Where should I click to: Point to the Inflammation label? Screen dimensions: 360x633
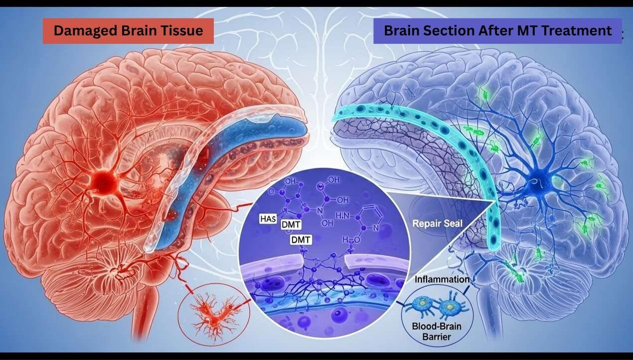tap(441, 279)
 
